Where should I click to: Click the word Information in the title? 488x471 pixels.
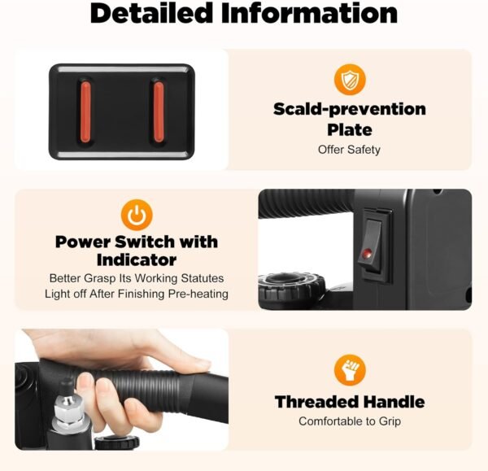click(x=310, y=13)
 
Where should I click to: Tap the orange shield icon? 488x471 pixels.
click(x=350, y=80)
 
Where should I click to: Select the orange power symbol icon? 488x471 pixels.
click(x=137, y=215)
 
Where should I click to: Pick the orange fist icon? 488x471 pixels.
click(x=350, y=370)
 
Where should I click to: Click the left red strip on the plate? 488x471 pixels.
click(x=85, y=111)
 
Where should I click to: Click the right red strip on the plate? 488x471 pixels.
click(x=159, y=111)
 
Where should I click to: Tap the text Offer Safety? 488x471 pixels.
click(x=349, y=150)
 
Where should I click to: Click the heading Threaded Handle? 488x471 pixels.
click(x=350, y=402)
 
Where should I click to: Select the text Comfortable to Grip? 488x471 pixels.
click(x=350, y=421)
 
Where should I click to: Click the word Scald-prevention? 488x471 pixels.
click(x=350, y=110)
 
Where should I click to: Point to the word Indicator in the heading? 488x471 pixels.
click(x=137, y=260)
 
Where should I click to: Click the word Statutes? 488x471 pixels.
click(x=203, y=278)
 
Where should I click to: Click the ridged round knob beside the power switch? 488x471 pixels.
click(x=291, y=286)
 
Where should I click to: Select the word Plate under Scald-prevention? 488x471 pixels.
click(x=350, y=130)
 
